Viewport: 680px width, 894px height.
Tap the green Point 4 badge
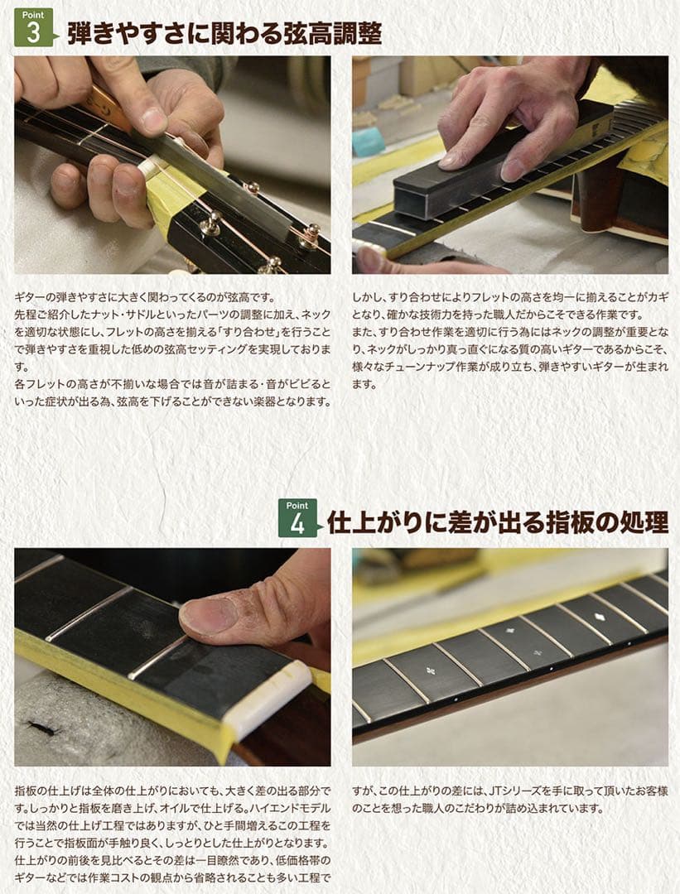(297, 518)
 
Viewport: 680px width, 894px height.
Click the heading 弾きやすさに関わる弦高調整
(224, 33)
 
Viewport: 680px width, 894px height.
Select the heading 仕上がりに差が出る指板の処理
(497, 523)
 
